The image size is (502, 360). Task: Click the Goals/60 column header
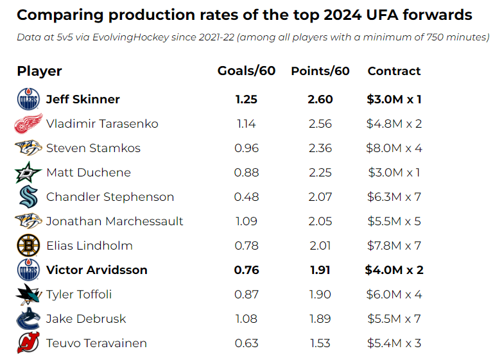point(247,71)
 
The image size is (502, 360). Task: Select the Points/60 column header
point(320,71)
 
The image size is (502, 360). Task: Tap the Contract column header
point(394,71)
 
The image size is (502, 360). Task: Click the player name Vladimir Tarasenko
point(102,124)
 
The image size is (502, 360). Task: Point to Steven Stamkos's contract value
point(394,148)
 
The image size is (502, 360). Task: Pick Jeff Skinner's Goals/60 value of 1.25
point(247,99)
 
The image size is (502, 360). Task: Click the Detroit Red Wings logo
point(28,123)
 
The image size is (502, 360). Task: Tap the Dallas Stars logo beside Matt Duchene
point(28,173)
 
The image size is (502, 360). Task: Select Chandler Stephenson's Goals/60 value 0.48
point(247,197)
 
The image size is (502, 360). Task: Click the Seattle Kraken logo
point(28,197)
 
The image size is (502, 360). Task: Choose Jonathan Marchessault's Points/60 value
point(320,221)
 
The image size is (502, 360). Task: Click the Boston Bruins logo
point(28,246)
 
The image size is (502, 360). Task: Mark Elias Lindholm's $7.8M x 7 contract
point(394,246)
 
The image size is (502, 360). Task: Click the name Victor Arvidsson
point(97,270)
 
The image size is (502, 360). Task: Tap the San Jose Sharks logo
point(28,295)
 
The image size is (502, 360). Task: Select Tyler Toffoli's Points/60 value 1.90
point(320,295)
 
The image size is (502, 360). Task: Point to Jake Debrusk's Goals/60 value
point(247,319)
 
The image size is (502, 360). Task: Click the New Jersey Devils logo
point(28,343)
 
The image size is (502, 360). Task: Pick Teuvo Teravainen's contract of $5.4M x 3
point(394,343)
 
